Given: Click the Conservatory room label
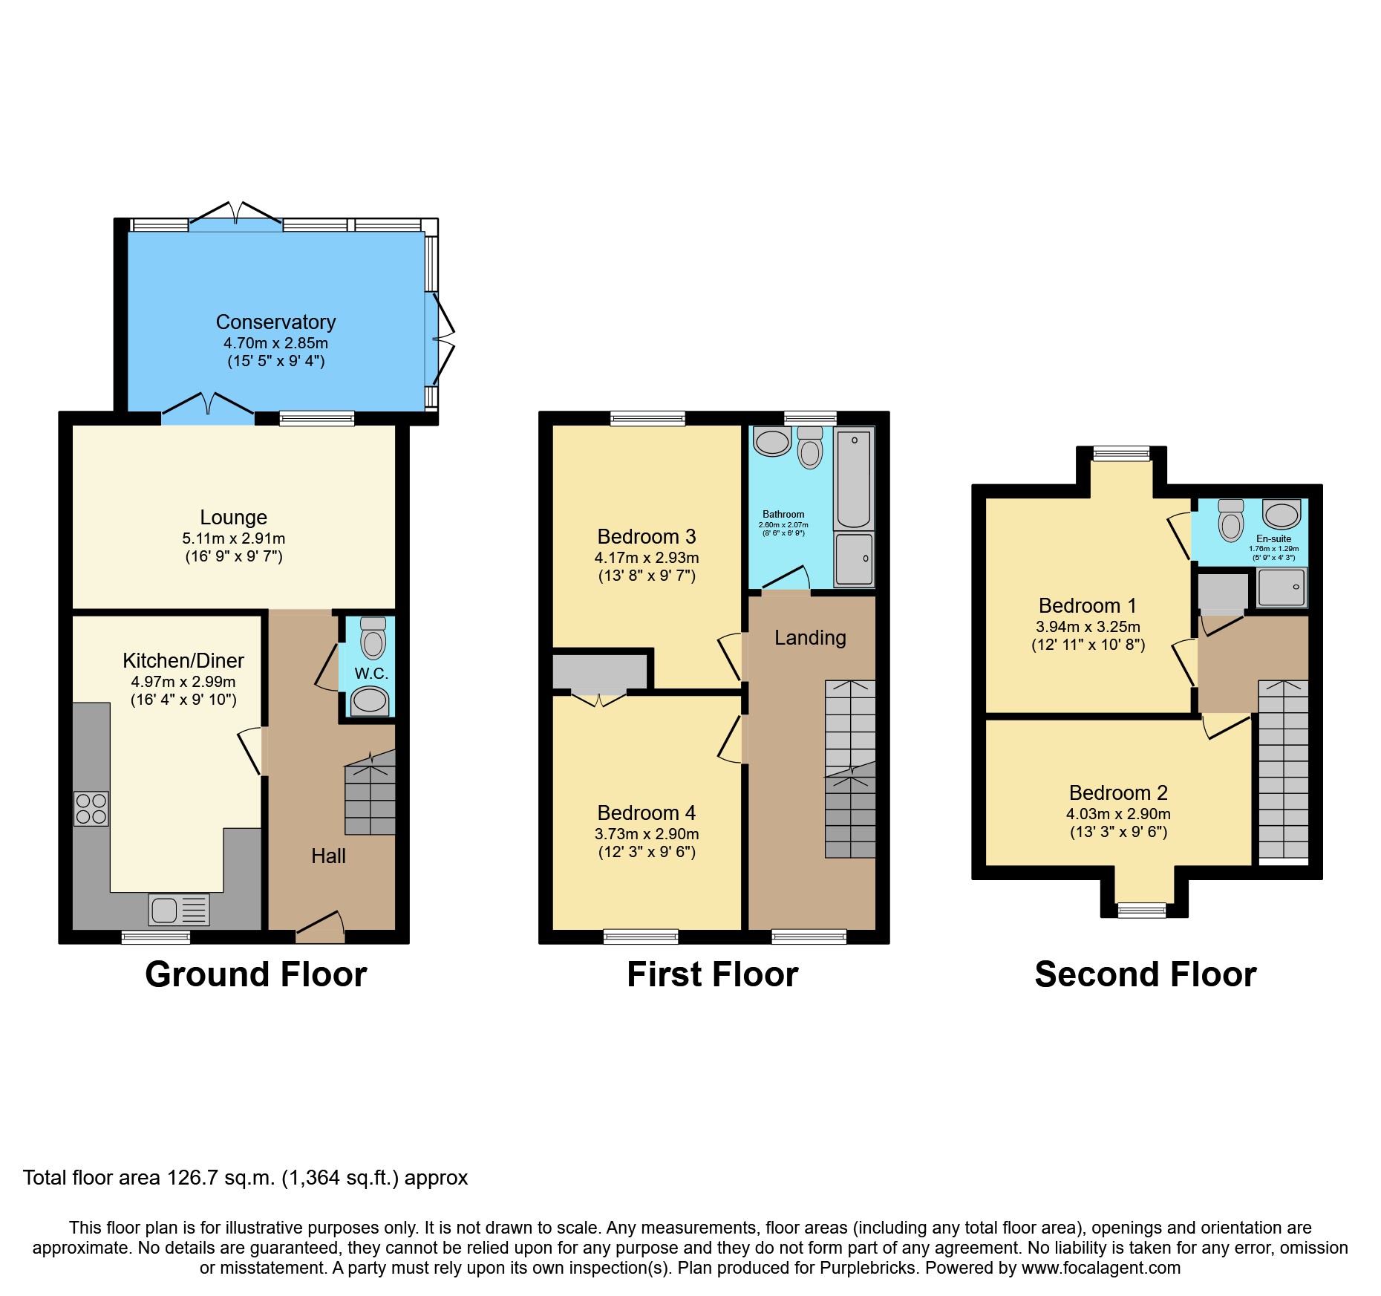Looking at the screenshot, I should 275,322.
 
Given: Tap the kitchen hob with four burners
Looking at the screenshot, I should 91,809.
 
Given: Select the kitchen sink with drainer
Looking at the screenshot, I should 179,910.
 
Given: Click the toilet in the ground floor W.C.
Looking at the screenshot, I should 373,639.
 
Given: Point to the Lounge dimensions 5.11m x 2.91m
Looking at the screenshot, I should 233,538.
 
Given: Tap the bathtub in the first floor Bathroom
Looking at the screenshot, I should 854,479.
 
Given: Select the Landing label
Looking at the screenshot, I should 810,638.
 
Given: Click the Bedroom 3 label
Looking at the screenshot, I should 646,537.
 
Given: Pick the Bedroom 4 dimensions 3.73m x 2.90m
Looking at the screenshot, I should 646,834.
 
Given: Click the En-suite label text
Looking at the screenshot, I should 1273,539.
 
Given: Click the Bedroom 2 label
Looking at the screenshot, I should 1118,793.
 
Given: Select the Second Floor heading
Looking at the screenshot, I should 1145,974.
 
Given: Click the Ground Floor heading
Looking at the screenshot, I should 256,974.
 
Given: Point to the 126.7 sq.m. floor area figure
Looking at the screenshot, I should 221,1178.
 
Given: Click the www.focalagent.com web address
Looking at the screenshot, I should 1101,1268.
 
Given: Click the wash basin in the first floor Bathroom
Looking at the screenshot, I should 772,441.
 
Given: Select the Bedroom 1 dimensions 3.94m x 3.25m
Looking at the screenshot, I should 1088,627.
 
